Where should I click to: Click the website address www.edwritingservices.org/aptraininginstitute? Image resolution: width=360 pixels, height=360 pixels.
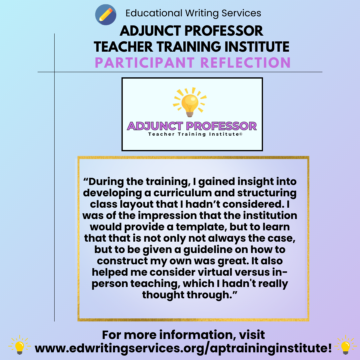click(x=183, y=348)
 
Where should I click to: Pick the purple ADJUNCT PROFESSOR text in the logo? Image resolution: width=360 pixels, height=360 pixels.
click(x=192, y=126)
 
